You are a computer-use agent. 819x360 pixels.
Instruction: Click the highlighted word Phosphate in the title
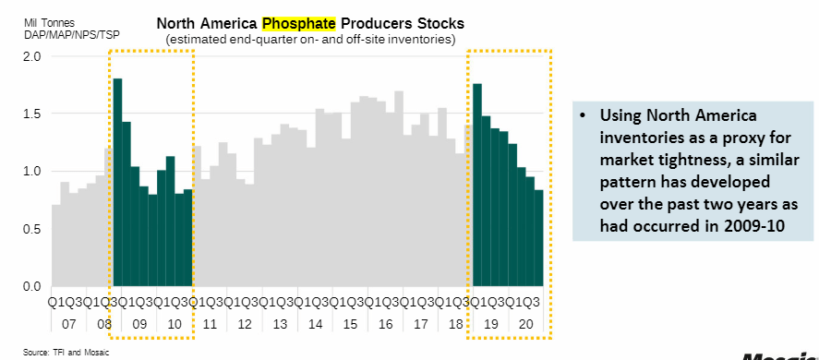click(298, 23)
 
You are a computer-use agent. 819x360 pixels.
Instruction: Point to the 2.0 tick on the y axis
click(33, 56)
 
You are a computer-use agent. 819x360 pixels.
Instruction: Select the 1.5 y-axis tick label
click(33, 114)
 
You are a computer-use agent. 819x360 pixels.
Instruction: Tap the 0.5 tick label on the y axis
click(33, 229)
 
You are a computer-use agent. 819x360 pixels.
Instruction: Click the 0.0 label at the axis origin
click(33, 286)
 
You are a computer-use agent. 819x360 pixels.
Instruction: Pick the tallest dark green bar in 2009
click(117, 183)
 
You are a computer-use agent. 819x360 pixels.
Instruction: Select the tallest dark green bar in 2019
click(476, 185)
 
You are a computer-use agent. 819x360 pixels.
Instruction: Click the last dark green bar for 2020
click(538, 238)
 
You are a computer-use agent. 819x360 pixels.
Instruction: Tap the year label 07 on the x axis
click(69, 325)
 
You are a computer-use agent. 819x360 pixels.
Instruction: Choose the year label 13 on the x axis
click(280, 325)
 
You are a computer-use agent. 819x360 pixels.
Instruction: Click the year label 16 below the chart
click(385, 325)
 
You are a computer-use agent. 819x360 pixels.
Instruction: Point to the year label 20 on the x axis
click(526, 325)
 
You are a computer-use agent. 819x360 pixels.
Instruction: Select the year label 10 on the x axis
click(175, 325)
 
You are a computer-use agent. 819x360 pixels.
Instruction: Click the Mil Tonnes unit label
click(49, 23)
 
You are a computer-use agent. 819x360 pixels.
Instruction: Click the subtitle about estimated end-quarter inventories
click(310, 39)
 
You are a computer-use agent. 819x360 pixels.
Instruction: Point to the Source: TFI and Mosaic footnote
click(66, 353)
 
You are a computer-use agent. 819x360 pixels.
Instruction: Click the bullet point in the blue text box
click(583, 115)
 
